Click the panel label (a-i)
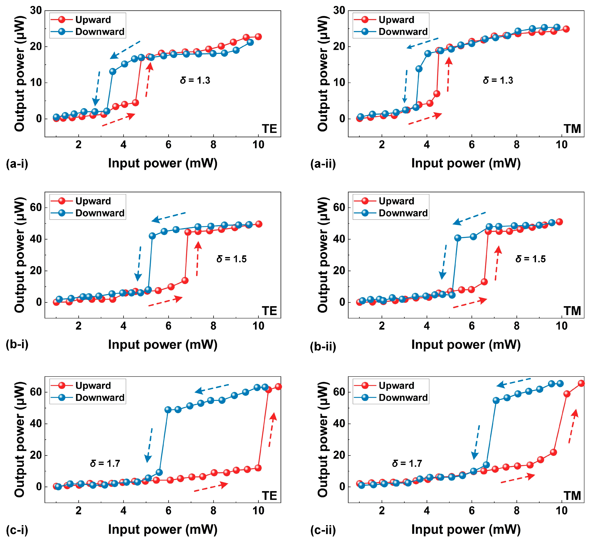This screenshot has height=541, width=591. tap(17, 164)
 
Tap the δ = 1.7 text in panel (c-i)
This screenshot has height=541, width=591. tap(105, 463)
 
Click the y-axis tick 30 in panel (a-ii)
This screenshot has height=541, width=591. tap(339, 11)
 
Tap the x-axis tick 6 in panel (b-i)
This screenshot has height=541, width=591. tap(168, 326)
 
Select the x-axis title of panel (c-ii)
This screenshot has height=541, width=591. tap(466, 529)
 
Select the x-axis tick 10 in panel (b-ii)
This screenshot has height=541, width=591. tap(561, 326)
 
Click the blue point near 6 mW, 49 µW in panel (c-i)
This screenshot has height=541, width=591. tap(168, 410)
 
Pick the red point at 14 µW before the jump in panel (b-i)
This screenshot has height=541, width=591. tap(185, 280)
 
